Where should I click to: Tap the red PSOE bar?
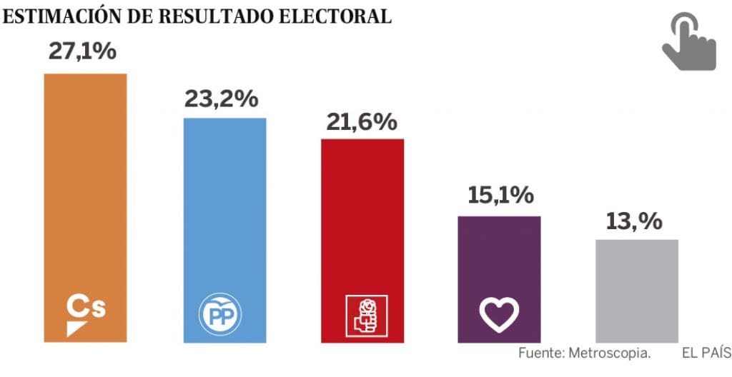click(362, 214)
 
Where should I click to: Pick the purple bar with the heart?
click(499, 257)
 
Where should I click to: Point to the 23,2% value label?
click(221, 99)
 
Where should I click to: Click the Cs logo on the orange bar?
click(85, 313)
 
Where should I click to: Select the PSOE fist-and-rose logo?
click(365, 315)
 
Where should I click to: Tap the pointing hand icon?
click(688, 42)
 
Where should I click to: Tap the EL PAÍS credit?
click(706, 353)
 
